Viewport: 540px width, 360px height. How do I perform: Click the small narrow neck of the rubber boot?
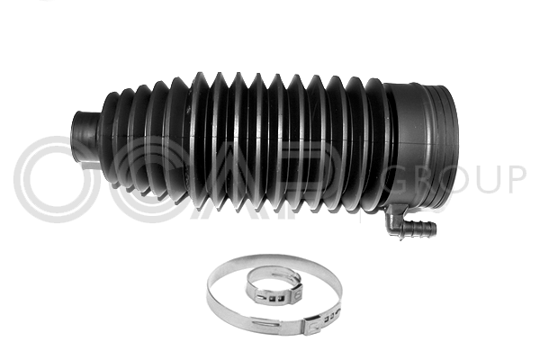click(85, 137)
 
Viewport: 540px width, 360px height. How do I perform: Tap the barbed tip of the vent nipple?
click(431, 228)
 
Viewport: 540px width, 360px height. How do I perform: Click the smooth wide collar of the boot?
click(422, 145)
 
